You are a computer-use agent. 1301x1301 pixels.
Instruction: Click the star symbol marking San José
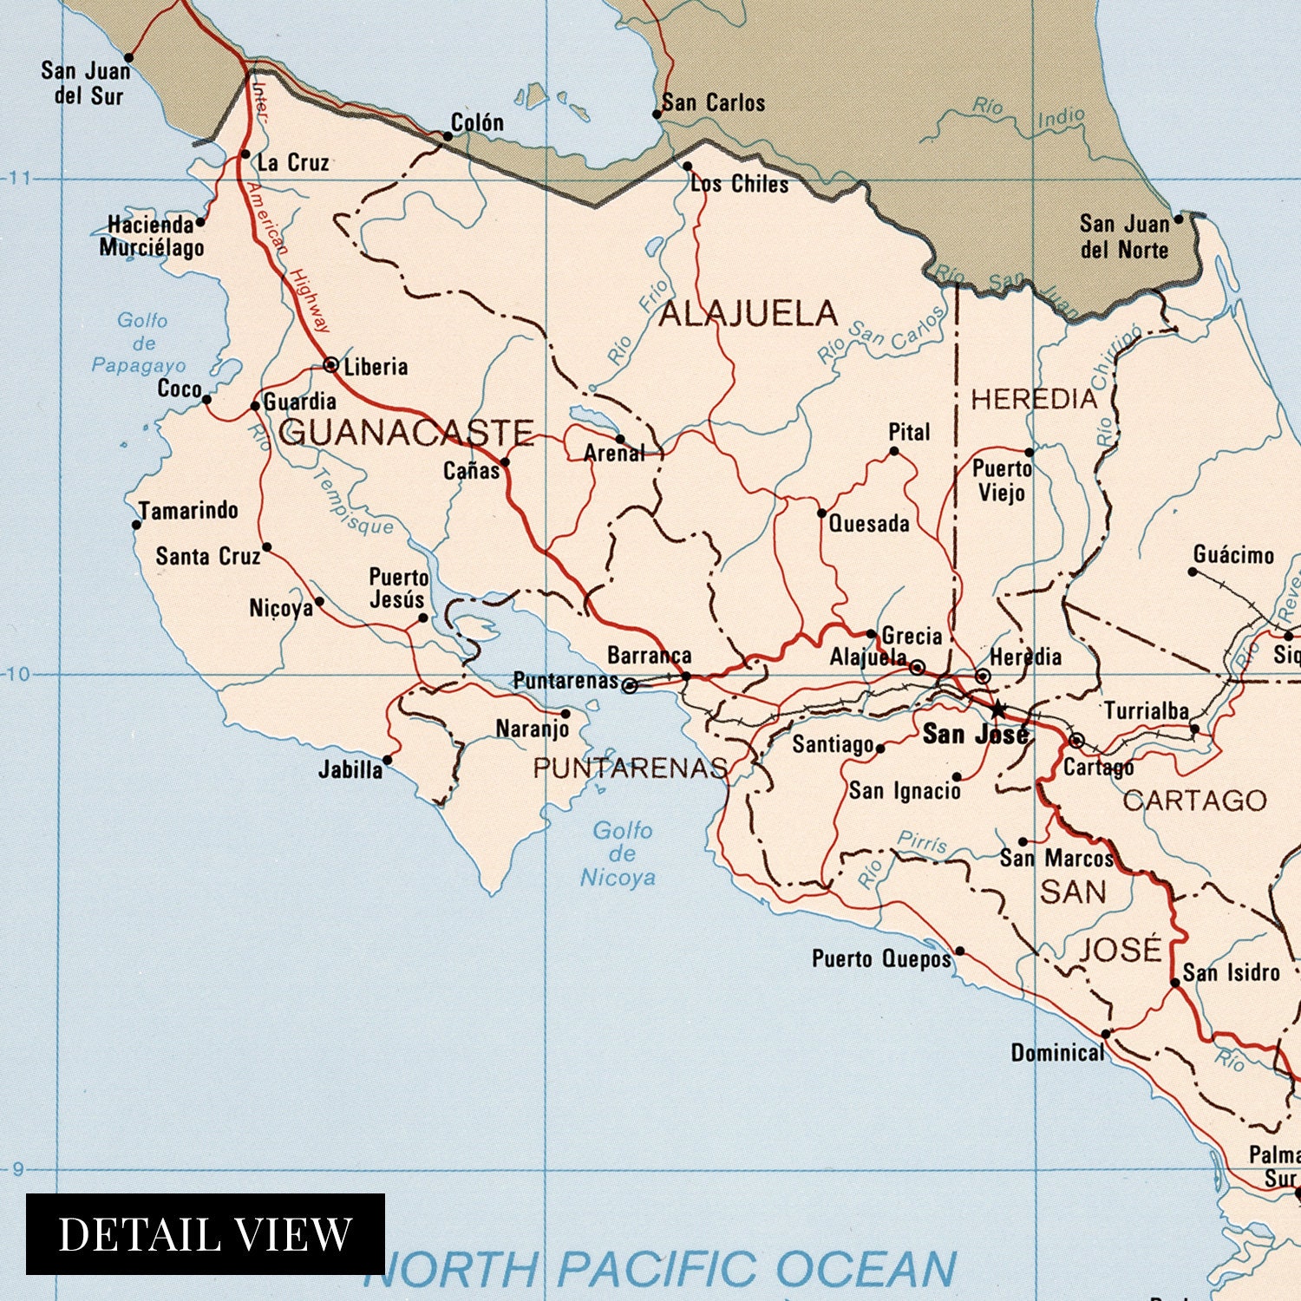point(997,709)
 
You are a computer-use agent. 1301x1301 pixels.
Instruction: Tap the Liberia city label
point(376,367)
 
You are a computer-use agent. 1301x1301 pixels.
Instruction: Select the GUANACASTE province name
point(406,432)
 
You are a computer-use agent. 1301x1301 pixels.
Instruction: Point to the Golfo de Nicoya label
point(618,854)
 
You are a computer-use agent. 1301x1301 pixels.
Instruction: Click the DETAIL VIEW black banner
point(206,1233)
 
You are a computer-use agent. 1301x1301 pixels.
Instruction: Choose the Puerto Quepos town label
point(881,958)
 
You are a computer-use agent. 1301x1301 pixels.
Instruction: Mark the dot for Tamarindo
point(136,525)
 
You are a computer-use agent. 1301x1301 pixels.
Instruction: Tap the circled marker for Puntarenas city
point(631,686)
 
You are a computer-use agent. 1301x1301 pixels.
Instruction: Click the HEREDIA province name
point(1034,399)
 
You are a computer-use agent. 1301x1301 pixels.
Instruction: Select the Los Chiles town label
point(740,184)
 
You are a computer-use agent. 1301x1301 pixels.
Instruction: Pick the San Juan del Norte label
point(1124,237)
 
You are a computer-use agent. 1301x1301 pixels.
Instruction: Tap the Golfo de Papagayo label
point(141,343)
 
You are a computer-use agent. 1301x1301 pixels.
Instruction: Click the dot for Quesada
point(821,513)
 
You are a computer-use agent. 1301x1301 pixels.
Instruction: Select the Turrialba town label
point(1145,711)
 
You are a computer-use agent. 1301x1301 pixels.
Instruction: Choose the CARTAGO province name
point(1195,800)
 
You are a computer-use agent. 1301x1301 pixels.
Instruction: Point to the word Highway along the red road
point(310,300)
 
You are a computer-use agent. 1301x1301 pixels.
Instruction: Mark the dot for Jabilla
point(387,760)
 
